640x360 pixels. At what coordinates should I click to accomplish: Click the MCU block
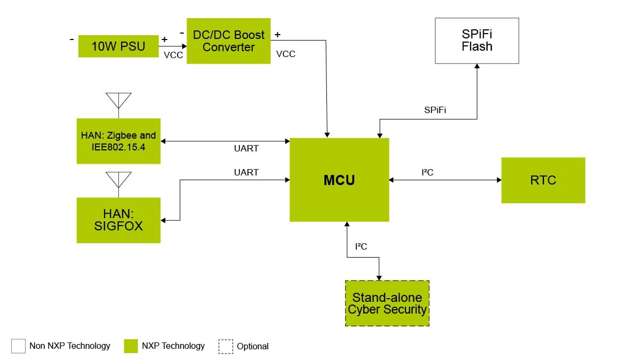339,180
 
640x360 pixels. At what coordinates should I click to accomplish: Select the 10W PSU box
118,46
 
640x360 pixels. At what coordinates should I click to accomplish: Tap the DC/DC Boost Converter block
228,41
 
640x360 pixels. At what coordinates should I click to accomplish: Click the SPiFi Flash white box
477,41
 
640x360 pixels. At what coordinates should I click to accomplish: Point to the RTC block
543,180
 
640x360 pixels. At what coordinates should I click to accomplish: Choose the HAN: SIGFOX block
118,220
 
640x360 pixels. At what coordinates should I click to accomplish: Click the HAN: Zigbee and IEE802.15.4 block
118,141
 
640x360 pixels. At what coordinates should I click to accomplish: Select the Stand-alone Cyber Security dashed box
387,303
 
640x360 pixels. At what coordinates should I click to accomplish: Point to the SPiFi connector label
435,110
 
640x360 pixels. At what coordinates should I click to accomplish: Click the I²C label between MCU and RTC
427,172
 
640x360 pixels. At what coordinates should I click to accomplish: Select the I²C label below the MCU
361,246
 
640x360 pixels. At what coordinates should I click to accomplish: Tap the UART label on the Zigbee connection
246,148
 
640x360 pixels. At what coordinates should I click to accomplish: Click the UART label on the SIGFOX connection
246,172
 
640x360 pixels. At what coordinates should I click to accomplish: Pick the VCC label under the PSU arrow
174,55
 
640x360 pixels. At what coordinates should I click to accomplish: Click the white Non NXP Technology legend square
18,346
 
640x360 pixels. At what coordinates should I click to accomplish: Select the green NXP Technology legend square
131,346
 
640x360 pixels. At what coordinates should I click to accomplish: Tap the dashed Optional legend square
226,346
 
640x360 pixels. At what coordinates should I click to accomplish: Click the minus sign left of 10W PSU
72,39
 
